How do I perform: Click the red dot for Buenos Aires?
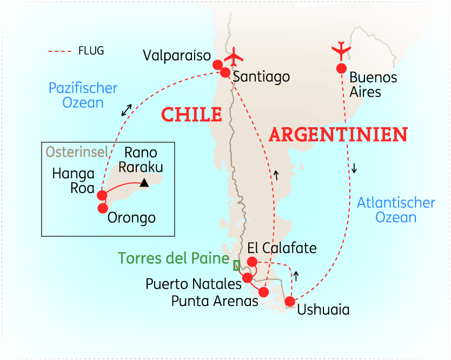341,69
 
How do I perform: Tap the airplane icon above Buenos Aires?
341,50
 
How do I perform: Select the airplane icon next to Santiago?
235,56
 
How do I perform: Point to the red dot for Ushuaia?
290,302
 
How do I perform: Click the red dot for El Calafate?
251,262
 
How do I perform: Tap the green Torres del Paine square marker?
236,265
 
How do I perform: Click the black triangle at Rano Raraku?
144,183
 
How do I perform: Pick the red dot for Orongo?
103,208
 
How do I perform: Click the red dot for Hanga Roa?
102,195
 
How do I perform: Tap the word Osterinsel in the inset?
76,152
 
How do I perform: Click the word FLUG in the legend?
91,51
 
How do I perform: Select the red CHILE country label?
192,115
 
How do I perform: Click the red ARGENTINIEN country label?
338,134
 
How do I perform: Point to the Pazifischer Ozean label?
83,95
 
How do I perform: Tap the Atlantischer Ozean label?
396,210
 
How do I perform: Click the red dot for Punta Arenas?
264,292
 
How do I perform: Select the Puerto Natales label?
193,284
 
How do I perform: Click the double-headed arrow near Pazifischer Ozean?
127,109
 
